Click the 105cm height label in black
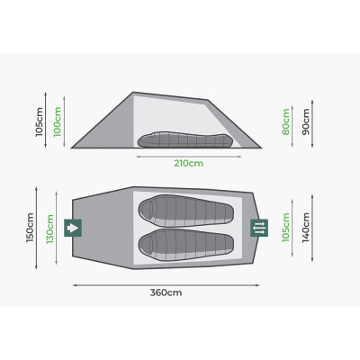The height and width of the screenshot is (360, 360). pos(40,122)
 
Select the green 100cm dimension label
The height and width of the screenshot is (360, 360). pos(58,121)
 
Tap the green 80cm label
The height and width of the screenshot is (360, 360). pos(286,121)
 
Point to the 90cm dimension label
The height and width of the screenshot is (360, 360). pos(306,121)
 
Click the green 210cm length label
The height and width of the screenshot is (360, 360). pos(189,164)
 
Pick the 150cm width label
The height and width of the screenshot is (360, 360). pos(30,228)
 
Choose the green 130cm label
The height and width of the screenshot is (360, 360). pos(50,229)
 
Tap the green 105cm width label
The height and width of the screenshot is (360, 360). pos(286,228)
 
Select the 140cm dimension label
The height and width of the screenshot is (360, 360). pos(306,228)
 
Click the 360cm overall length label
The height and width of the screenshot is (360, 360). pos(166,292)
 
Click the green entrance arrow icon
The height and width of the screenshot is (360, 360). pos(73,228)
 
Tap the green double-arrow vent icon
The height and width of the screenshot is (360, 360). pos(259,228)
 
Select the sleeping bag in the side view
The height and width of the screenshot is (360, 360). pos(185,140)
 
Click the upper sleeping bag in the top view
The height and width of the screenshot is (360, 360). pos(186,211)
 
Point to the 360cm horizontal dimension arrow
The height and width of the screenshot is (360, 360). pos(166,285)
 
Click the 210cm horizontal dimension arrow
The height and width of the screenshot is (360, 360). pos(189,157)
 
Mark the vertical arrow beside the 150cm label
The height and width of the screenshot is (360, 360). pos(36,228)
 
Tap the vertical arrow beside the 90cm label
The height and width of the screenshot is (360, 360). pos(312,123)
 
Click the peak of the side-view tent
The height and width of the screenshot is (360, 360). pos(133,92)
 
